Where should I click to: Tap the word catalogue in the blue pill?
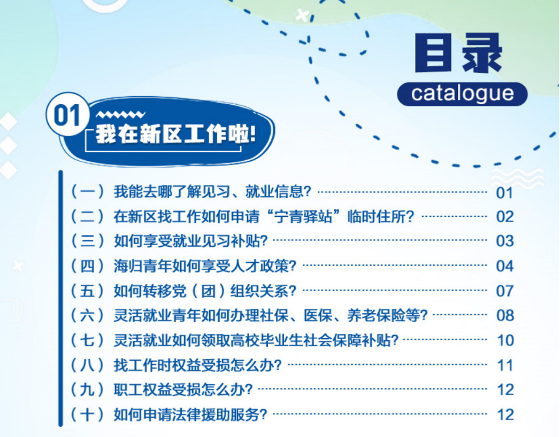click(x=462, y=93)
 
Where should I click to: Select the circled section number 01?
click(x=67, y=116)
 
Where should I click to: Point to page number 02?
click(x=504, y=216)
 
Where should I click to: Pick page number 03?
click(x=504, y=241)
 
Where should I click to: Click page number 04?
click(x=504, y=266)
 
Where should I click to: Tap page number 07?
click(x=504, y=291)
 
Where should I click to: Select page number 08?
click(x=504, y=315)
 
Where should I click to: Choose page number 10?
click(x=505, y=340)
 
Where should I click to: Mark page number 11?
click(x=505, y=365)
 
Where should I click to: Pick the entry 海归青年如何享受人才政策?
click(x=205, y=266)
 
